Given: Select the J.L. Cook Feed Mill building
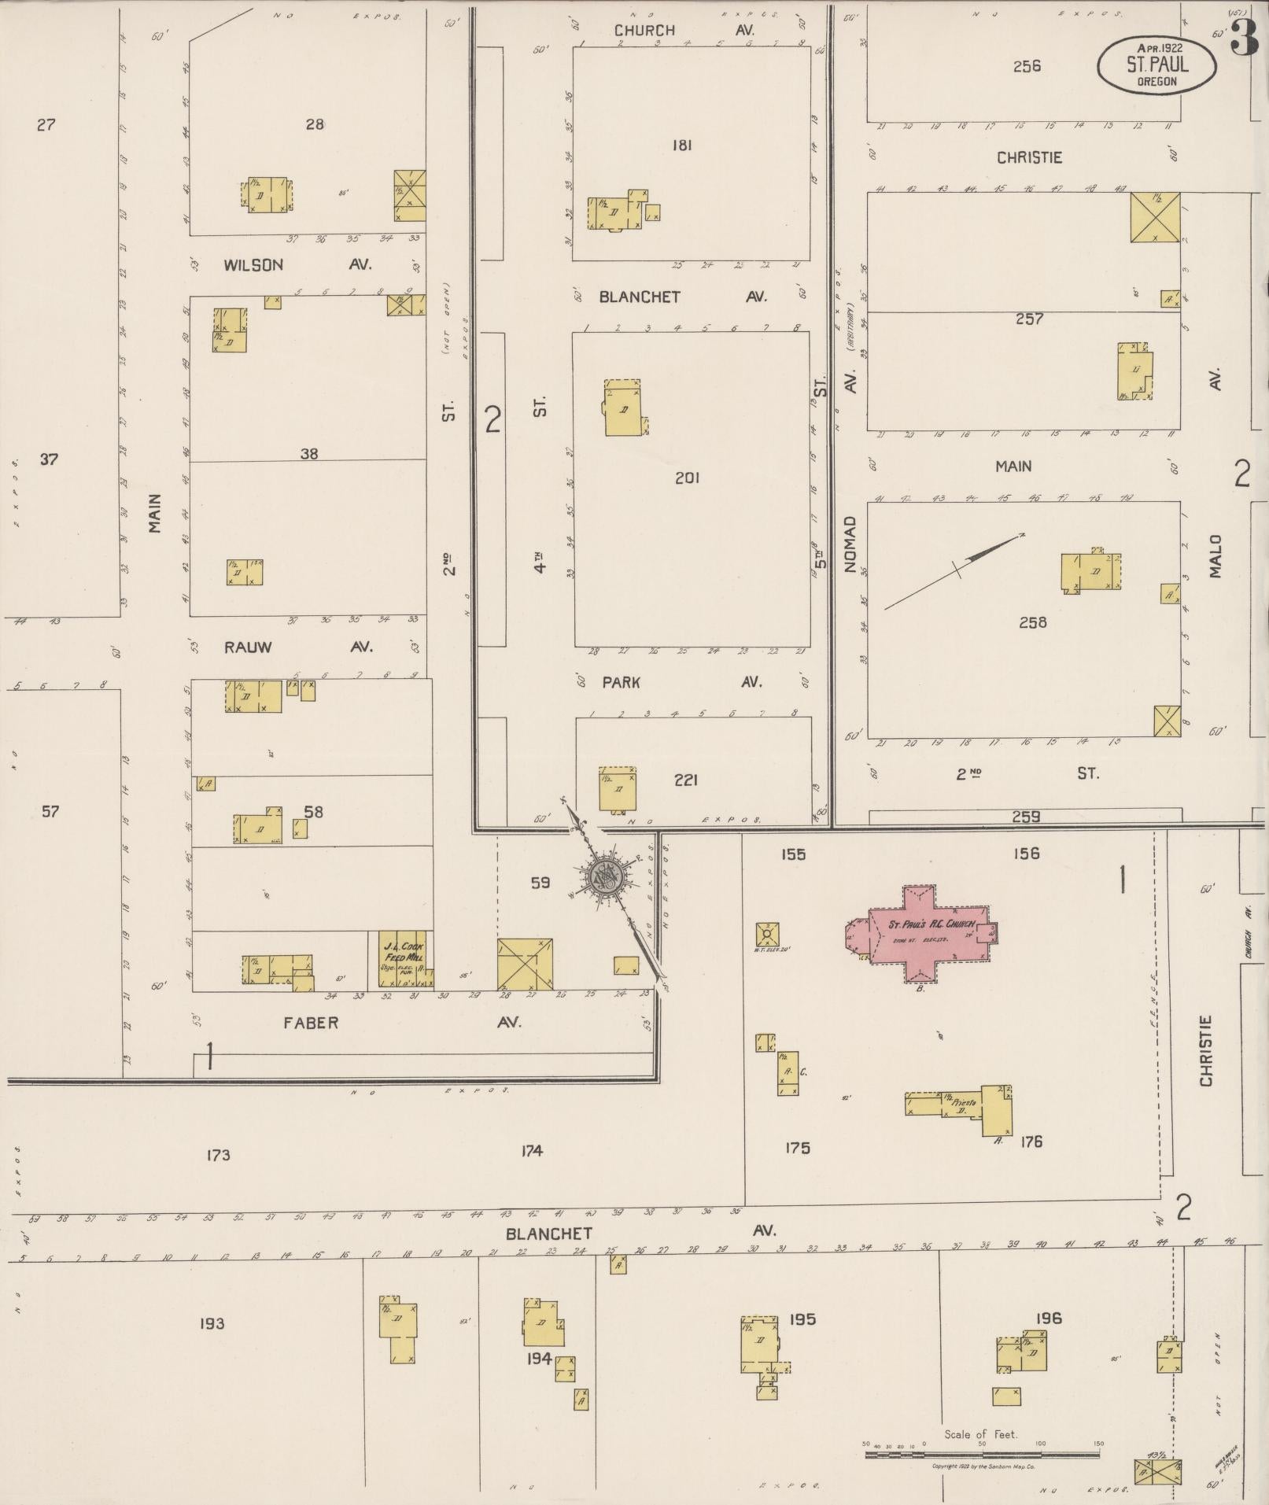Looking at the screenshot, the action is [x=403, y=960].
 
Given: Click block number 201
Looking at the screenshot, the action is [x=687, y=478].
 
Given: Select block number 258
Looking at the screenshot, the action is [x=1032, y=622].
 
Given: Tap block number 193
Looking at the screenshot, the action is [x=212, y=1323].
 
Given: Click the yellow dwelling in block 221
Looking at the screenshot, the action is [x=617, y=789].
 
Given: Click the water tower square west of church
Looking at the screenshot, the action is [x=766, y=935].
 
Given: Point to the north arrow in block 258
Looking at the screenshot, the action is [x=955, y=570].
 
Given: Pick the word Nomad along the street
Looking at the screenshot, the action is [x=850, y=544].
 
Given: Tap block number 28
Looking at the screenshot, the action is [x=315, y=124].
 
